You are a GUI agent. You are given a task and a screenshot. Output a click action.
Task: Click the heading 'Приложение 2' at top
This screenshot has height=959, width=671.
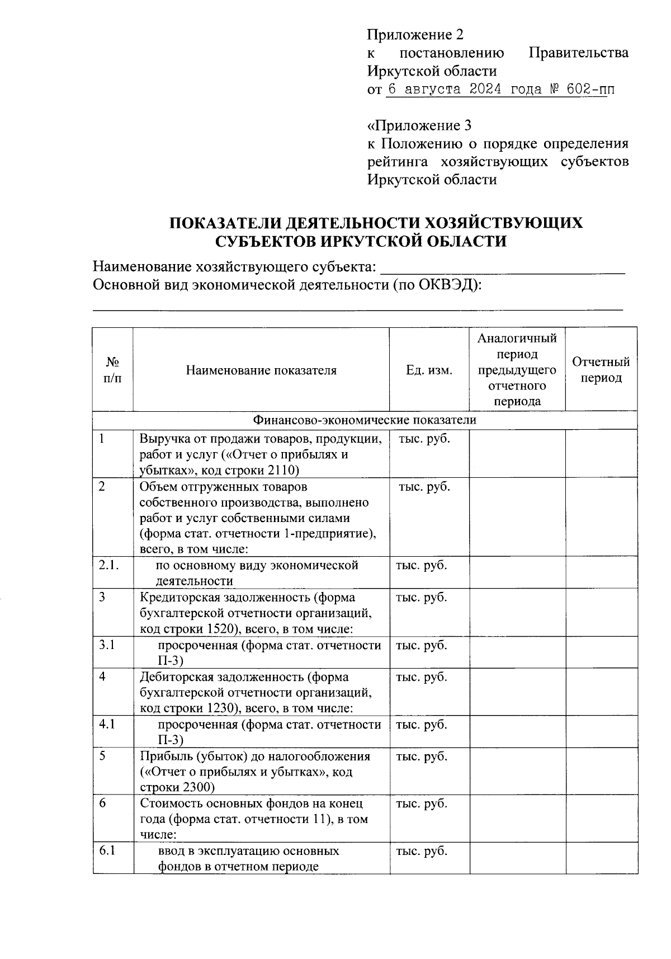point(415,35)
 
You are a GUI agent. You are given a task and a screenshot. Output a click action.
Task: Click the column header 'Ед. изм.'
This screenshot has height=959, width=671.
point(429,370)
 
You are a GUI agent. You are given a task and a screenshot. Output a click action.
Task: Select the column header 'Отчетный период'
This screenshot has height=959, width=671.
point(601,370)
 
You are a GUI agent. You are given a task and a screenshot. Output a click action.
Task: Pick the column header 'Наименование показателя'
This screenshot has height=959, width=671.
point(261,370)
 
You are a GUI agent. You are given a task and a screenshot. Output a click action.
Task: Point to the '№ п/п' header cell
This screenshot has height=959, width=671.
point(112,370)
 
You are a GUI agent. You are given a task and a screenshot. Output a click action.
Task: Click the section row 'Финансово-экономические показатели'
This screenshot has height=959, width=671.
point(365,420)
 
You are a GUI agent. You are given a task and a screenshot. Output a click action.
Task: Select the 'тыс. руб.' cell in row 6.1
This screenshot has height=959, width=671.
point(422,851)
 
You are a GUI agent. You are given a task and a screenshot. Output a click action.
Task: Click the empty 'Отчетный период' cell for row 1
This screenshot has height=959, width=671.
point(601,453)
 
